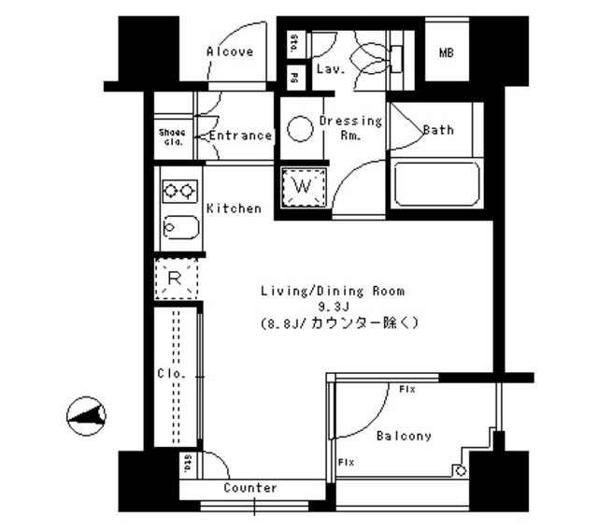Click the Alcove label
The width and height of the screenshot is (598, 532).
tap(230, 51)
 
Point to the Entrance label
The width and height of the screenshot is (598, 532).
tap(240, 136)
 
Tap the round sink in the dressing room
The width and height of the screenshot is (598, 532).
tap(300, 130)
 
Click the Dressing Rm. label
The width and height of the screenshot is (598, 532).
tap(350, 128)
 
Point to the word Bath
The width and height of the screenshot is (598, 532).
tap(438, 130)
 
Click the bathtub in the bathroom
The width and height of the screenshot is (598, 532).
tap(436, 184)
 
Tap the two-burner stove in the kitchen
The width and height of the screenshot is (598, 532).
tap(178, 191)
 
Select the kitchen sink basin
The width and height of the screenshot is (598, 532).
tap(178, 226)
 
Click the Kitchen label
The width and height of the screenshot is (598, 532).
tap(234, 208)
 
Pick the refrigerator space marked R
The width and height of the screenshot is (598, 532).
tap(175, 277)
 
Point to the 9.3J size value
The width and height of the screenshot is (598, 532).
tap(332, 306)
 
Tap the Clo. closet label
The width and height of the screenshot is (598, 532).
tap(171, 373)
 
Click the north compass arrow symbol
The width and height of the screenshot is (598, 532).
tap(88, 413)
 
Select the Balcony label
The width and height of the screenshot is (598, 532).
tap(404, 436)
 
